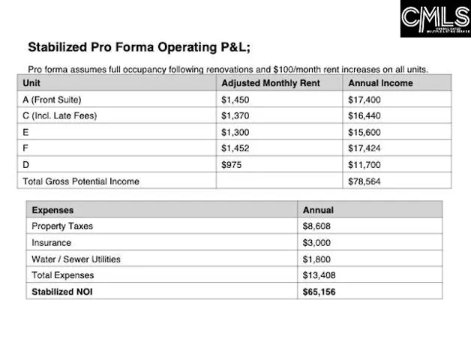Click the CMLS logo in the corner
[435, 19]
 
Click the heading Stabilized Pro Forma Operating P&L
[139, 47]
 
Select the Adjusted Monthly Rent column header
[270, 83]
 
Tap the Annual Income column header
[380, 83]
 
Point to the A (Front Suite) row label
[52, 100]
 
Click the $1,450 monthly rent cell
[235, 100]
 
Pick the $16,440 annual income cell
[364, 115]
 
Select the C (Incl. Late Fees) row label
[60, 115]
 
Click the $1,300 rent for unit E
[235, 132]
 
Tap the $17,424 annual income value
[364, 148]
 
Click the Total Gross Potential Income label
[81, 181]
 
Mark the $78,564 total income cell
[364, 181]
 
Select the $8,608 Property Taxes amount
[316, 226]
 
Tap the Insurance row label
[51, 243]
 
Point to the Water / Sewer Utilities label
[76, 259]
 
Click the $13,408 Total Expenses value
[319, 275]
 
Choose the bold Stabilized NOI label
[63, 291]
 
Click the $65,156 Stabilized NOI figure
[319, 291]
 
